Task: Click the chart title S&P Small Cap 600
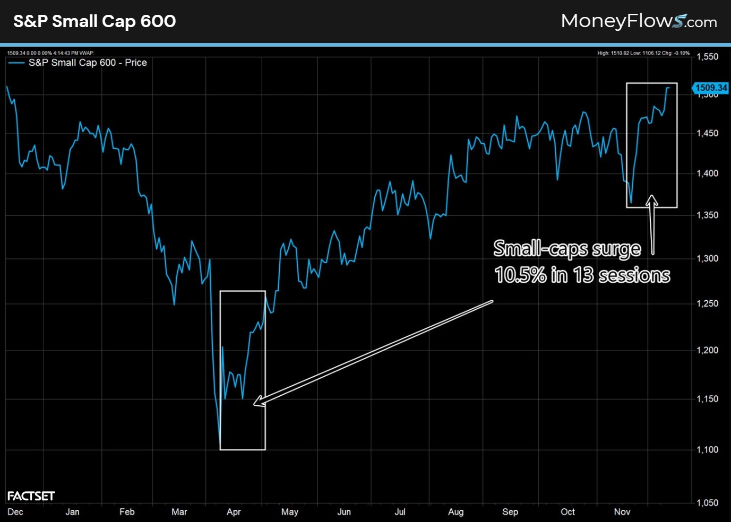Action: point(94,21)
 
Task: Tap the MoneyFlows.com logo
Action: point(639,21)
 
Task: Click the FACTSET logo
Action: point(31,496)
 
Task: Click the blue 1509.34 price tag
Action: point(711,88)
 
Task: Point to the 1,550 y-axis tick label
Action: point(707,57)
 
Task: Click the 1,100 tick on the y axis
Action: point(707,450)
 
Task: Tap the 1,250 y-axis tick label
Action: point(707,303)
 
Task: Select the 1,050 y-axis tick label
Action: point(707,503)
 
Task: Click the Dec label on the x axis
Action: point(15,512)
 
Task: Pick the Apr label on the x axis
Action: point(234,512)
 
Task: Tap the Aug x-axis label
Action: point(455,512)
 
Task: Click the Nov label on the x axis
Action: point(622,512)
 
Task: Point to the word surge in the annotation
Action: point(616,249)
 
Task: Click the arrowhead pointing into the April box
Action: point(257,402)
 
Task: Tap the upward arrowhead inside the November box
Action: point(652,199)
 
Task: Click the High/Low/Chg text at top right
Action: point(643,53)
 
